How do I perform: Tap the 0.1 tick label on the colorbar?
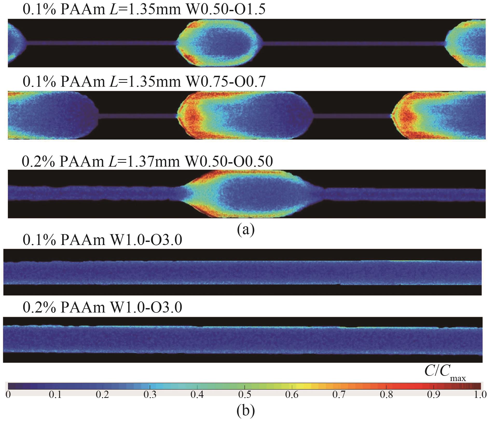click(x=55, y=395)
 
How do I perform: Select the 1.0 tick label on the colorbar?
click(x=480, y=395)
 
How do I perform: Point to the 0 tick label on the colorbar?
click(x=8, y=395)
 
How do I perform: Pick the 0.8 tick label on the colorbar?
click(x=386, y=395)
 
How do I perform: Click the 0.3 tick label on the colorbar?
click(x=150, y=395)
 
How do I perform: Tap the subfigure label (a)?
click(x=246, y=229)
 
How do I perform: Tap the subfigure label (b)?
click(x=246, y=410)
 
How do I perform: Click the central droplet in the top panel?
click(x=219, y=43)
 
